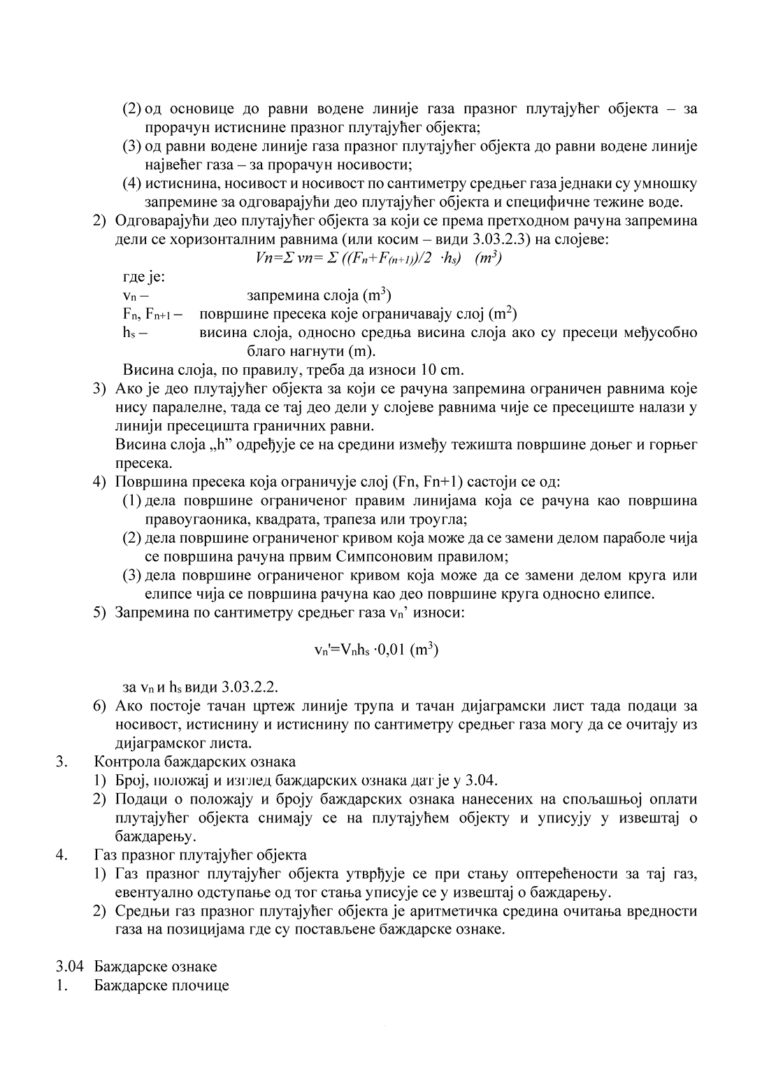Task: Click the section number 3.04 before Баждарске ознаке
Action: (71, 966)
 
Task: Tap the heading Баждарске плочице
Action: (161, 985)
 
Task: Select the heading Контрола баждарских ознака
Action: (195, 761)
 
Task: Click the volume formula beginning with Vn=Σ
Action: (380, 257)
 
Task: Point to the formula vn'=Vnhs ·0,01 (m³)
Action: (376, 650)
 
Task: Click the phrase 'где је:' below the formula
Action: (144, 276)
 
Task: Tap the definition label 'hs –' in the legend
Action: (135, 332)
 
